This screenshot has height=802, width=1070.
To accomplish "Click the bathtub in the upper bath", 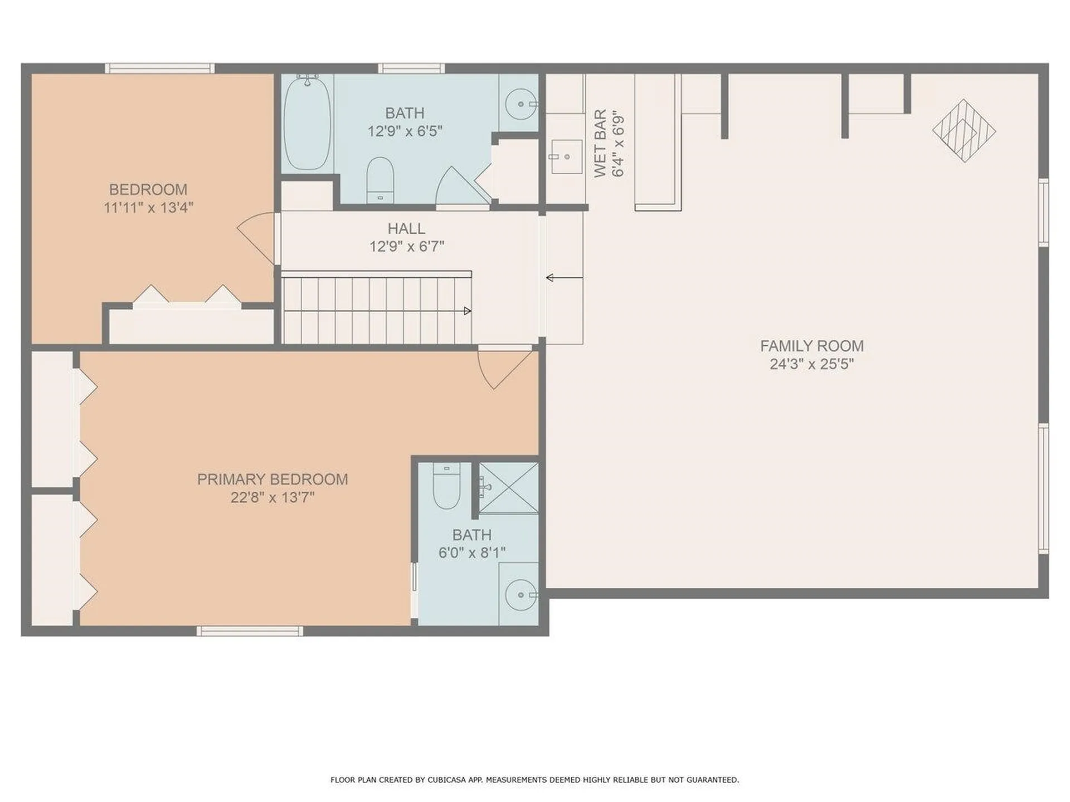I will pos(307,123).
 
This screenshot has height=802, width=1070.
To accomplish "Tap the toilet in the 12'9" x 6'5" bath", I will pos(380,179).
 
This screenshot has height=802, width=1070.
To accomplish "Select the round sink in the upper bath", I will pos(521,104).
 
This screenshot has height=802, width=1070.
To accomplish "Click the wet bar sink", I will pos(566,157).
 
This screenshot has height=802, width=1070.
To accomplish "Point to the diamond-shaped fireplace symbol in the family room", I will pos(964,131).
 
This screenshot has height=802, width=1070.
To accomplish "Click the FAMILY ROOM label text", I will pos(811,346).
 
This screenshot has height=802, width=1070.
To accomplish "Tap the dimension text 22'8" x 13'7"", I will pos(273,497).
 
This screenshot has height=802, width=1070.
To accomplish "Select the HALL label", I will pos(406,228).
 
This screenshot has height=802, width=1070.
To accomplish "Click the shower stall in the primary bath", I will pos(509,488).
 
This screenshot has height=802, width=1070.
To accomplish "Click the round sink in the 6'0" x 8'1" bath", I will pos(521,595).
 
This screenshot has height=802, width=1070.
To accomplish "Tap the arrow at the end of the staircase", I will pos(467,311).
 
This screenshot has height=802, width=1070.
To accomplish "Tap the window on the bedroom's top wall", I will pos(159,69).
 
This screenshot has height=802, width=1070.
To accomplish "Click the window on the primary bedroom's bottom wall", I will pos(250,631).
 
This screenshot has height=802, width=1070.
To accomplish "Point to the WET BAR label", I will pos(600,144).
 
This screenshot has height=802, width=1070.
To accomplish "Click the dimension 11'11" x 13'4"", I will pos(148,208).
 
